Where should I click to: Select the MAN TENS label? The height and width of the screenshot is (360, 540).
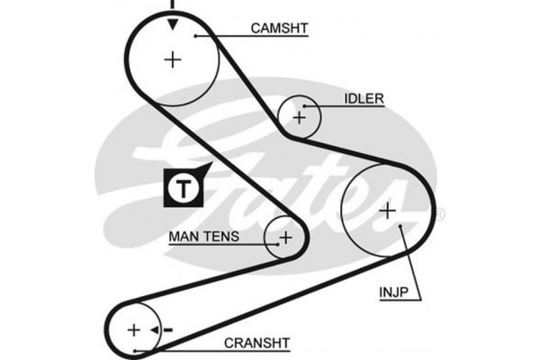[x=204, y=238]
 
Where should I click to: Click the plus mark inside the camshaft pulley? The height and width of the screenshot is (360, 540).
[x=172, y=59]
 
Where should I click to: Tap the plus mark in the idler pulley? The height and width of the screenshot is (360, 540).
[x=301, y=115]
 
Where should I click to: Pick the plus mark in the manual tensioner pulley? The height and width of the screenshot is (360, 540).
[x=285, y=238]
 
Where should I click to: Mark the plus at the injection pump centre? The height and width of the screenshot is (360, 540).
[x=387, y=211]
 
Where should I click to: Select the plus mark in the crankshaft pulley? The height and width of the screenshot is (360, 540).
[x=135, y=330]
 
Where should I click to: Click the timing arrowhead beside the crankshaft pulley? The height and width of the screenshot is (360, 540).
[x=155, y=330]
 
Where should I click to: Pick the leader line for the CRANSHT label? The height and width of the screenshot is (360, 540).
[x=180, y=347]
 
